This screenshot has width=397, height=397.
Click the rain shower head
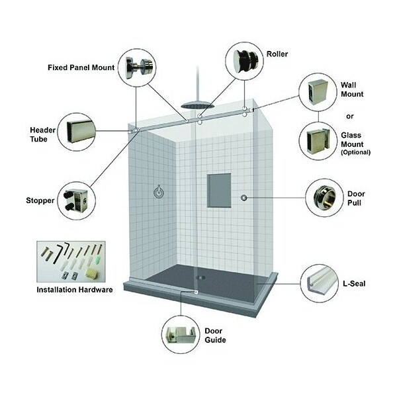[196, 104]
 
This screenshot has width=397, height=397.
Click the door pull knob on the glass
[244, 198]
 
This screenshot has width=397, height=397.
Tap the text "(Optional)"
[355, 152]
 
